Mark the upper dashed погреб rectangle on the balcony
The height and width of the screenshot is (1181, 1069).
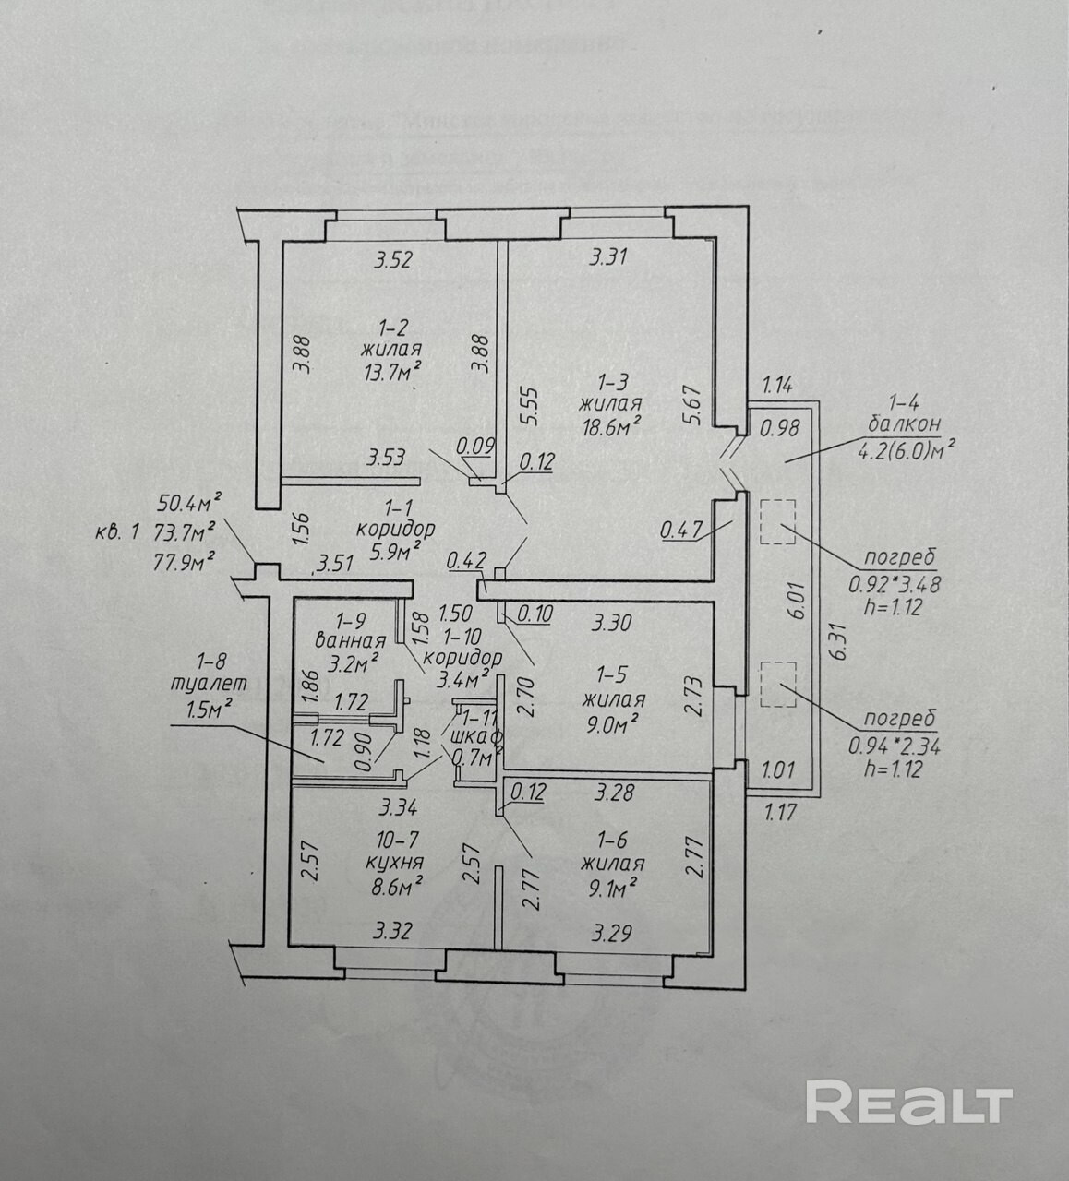point(776,521)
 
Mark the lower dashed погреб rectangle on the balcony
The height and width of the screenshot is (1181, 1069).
point(776,684)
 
